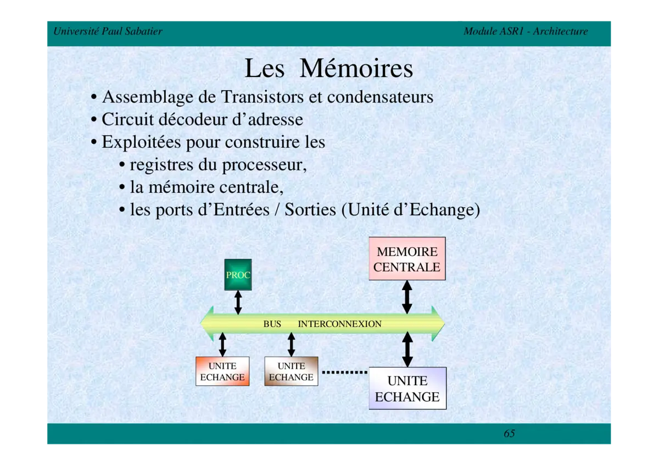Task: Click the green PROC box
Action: click(x=238, y=274)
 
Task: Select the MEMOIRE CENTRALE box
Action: click(x=407, y=259)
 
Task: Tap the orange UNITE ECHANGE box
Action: click(x=222, y=371)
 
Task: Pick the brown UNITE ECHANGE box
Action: click(x=291, y=371)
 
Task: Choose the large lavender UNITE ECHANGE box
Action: click(x=407, y=389)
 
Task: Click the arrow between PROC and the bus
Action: click(x=238, y=302)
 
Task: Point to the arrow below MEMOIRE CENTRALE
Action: click(x=407, y=297)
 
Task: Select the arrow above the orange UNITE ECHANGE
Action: click(x=222, y=344)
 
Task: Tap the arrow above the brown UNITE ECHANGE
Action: click(x=291, y=344)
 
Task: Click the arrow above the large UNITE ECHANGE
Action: click(x=407, y=349)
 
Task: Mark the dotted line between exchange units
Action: click(x=344, y=372)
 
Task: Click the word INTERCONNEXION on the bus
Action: click(x=339, y=324)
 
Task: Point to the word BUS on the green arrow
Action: click(x=272, y=324)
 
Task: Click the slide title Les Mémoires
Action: click(x=328, y=69)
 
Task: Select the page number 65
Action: click(x=509, y=434)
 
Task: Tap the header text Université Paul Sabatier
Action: click(x=108, y=31)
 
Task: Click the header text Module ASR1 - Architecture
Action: click(x=526, y=31)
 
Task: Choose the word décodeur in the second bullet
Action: click(x=189, y=119)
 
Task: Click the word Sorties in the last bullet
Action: click(x=310, y=210)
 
